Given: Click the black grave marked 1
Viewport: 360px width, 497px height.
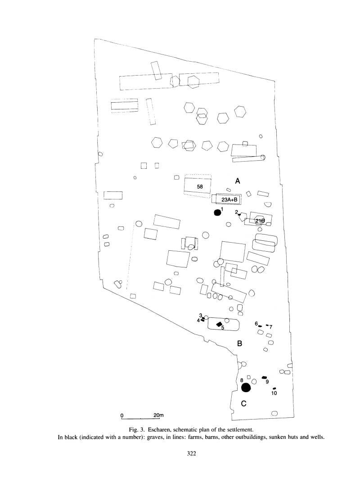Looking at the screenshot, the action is (x=217, y=212).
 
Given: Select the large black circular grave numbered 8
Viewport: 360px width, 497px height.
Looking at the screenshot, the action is (x=246, y=387).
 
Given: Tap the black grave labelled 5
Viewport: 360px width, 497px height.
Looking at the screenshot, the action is (x=219, y=324).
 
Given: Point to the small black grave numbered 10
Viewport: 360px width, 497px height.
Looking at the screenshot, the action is (x=274, y=389).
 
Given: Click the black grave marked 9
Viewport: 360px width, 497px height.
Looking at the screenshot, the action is (x=265, y=377).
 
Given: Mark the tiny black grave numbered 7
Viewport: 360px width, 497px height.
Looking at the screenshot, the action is (x=267, y=325).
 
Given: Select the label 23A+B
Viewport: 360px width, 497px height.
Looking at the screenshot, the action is (x=229, y=199).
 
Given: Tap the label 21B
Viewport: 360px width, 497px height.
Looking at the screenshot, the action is (x=260, y=221).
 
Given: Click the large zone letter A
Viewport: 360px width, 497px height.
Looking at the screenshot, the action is (x=238, y=181).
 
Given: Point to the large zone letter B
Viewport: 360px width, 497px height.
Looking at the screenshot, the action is (x=240, y=344).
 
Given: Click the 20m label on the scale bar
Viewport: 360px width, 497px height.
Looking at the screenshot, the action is (x=158, y=415).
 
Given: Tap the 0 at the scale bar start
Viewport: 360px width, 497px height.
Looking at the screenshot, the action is (x=122, y=415).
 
